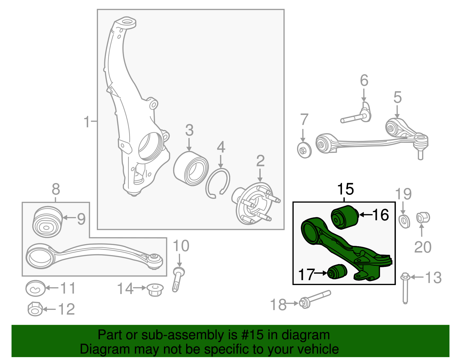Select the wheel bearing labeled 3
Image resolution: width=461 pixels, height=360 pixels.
coord(191,169)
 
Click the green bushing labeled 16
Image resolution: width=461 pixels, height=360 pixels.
coord(344,217)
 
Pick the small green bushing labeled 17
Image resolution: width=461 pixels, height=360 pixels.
coord(337,271)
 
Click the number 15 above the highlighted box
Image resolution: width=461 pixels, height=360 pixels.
coord(345,189)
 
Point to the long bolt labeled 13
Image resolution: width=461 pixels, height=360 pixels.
coord(405,288)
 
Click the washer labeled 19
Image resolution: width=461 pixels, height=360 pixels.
coord(404,221)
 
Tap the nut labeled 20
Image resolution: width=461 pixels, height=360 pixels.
coord(423,218)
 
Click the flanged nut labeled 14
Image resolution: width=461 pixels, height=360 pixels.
coord(155,289)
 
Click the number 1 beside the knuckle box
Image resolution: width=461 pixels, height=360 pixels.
coord(87,122)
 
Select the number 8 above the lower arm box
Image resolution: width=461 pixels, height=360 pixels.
coord(56,189)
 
